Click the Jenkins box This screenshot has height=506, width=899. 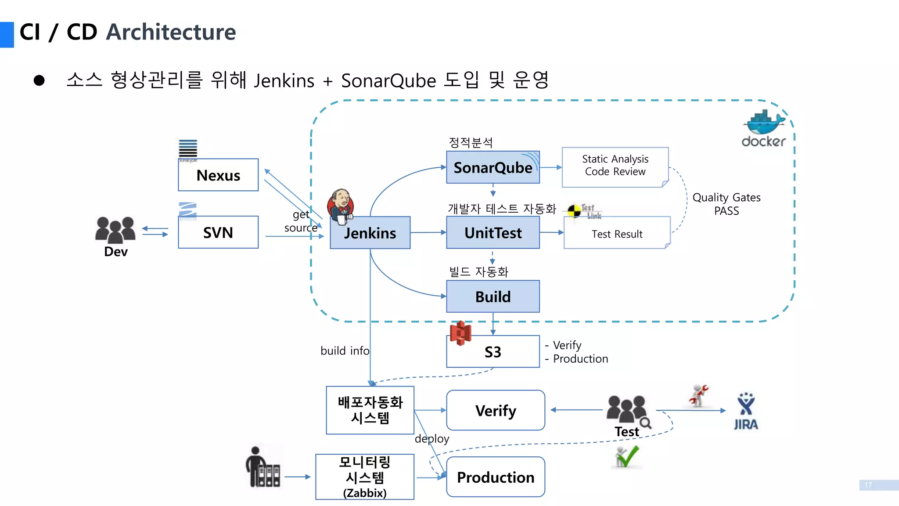[x=370, y=233]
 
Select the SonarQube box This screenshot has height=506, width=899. [x=493, y=167]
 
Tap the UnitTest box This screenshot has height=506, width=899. [x=493, y=233]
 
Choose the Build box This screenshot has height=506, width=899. [x=493, y=296]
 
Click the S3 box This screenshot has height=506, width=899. [x=493, y=352]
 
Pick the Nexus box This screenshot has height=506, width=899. [x=218, y=175]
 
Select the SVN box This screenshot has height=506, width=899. [x=218, y=232]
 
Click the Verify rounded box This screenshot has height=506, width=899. [x=496, y=411]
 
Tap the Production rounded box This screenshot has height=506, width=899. [x=496, y=477]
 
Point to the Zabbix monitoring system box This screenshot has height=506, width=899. [x=365, y=477]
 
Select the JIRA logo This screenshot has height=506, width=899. [x=746, y=411]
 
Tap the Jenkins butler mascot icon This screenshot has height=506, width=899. [x=340, y=205]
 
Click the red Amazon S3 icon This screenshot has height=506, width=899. [x=460, y=333]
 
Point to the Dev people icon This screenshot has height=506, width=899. [x=115, y=230]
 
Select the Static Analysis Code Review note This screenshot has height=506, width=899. [x=615, y=166]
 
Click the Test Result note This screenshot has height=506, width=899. [x=616, y=234]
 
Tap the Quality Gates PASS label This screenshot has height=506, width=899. [x=726, y=204]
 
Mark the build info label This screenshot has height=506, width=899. [x=345, y=351]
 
